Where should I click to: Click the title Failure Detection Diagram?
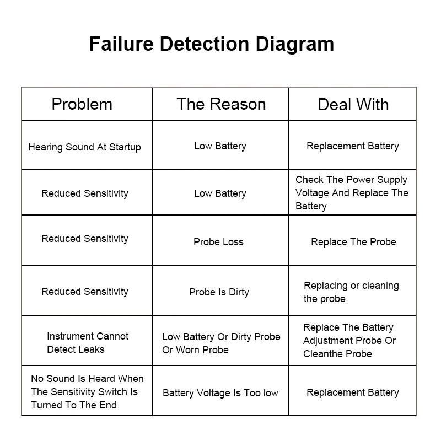[212, 44]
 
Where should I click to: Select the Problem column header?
[82, 104]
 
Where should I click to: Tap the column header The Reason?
[221, 104]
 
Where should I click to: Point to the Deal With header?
[353, 105]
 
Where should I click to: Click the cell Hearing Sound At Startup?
[84, 147]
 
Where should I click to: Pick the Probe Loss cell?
[218, 242]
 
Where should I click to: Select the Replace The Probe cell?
[353, 242]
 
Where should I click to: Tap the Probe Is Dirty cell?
[219, 292]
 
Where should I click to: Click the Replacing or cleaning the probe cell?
[351, 292]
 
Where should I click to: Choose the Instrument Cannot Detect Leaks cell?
[87, 343]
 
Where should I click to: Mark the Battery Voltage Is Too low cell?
[220, 393]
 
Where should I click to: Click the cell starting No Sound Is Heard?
[87, 392]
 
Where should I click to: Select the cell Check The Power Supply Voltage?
[352, 193]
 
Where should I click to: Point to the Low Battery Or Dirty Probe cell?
[220, 343]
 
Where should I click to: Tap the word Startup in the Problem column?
[125, 147]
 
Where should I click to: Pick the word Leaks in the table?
[91, 349]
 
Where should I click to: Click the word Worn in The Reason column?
[187, 350]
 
